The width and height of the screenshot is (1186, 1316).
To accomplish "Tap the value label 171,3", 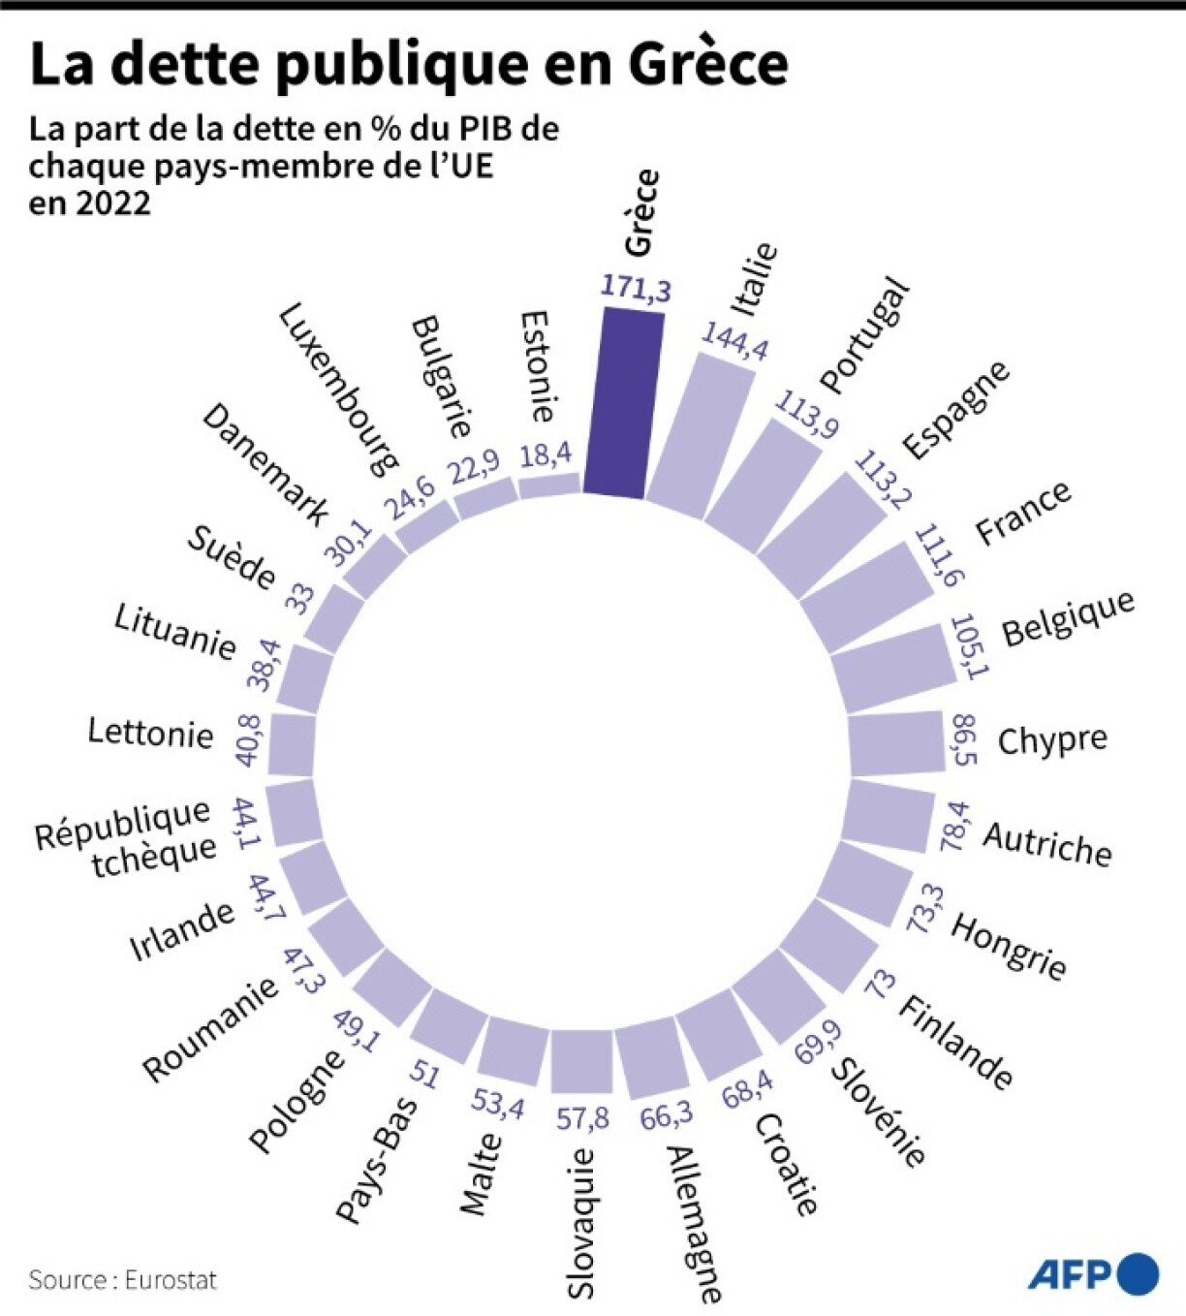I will pos(636,288).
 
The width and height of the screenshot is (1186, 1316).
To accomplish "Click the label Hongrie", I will pos(1009,945).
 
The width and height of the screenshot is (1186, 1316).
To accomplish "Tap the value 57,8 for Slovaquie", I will pos(582,1118).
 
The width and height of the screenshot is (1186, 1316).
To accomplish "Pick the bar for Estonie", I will pos(549,486).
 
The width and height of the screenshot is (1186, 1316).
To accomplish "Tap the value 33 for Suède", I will pos(300,599).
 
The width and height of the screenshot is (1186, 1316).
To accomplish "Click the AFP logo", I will pos(1093,1274).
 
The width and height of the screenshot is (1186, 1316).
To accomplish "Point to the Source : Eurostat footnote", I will pos(122,1280).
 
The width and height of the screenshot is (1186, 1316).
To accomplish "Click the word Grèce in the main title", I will pos(707,64).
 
